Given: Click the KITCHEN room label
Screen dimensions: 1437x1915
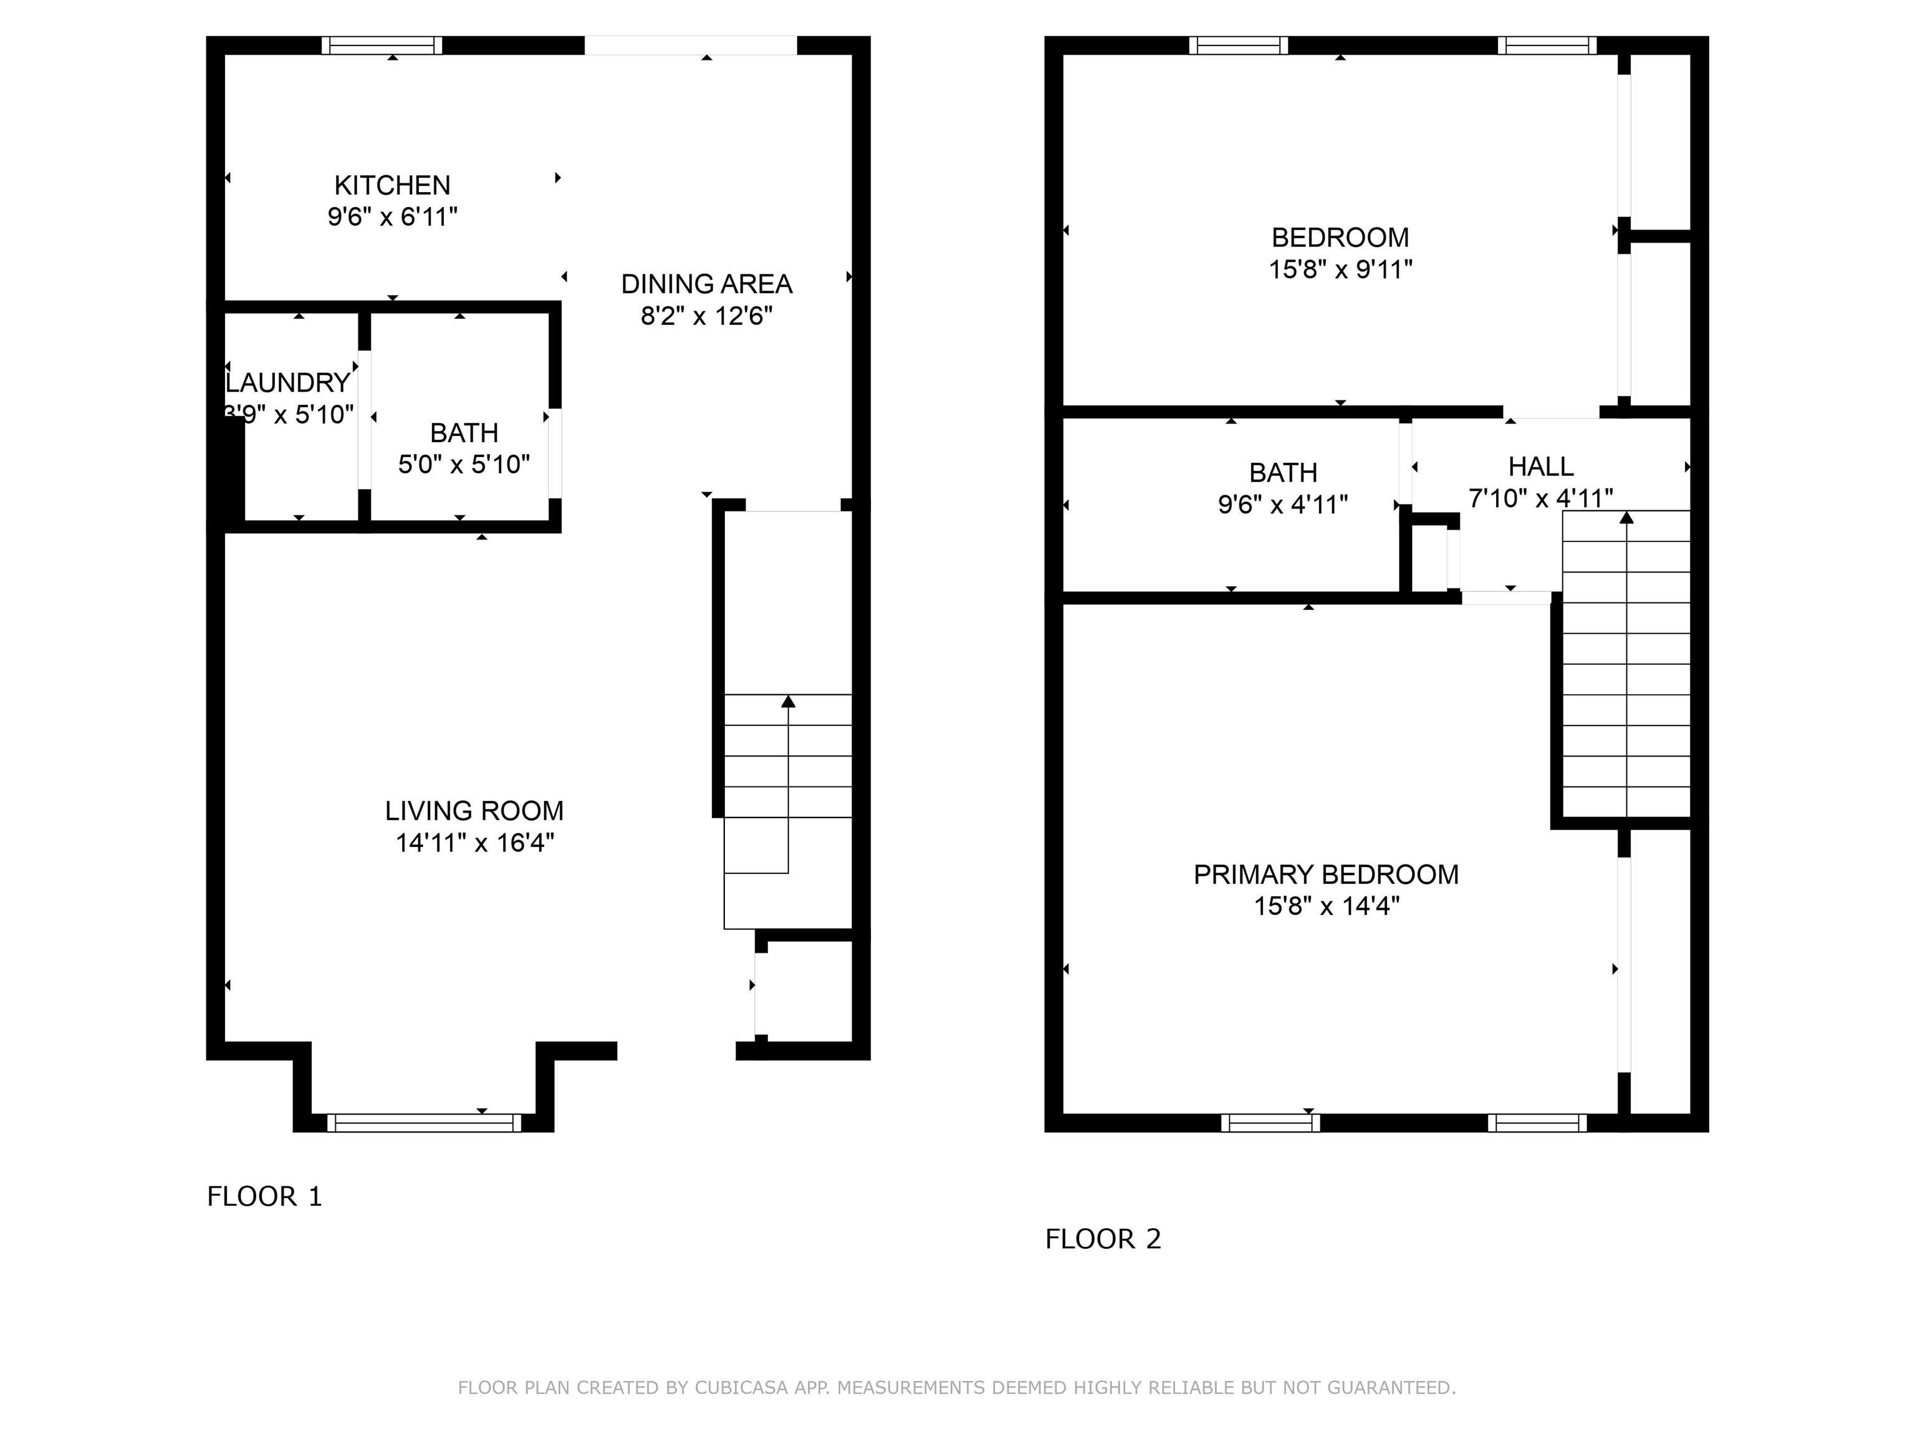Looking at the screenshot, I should pos(392,185).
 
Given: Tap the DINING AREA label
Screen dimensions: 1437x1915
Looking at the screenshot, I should pos(706,284).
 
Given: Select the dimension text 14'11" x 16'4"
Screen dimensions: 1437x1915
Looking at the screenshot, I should pos(474,843).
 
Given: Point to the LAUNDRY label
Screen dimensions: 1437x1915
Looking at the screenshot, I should pos(288,383).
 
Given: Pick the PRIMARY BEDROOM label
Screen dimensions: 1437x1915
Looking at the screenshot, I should pos(1325,875).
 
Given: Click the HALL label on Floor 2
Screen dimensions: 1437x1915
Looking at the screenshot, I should pos(1540,467).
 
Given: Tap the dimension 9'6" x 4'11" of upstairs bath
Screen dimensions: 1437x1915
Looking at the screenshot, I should pos(1282,504).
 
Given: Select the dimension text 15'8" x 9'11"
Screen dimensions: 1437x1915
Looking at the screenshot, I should pos(1340,269).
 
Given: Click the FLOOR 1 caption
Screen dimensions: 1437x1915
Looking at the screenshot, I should pos(264,1196).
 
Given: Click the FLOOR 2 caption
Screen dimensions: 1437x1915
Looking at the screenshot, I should pos(1102,1239).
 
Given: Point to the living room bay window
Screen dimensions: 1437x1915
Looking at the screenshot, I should pos(425,1123).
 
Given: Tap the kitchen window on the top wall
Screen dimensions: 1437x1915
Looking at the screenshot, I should pos(382,45).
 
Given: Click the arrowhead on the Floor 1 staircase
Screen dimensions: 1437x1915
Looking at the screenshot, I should pos(788,701).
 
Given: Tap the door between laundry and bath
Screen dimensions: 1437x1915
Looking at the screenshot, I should pos(365,420).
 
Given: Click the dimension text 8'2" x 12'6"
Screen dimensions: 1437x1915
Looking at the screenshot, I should pos(706,316).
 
